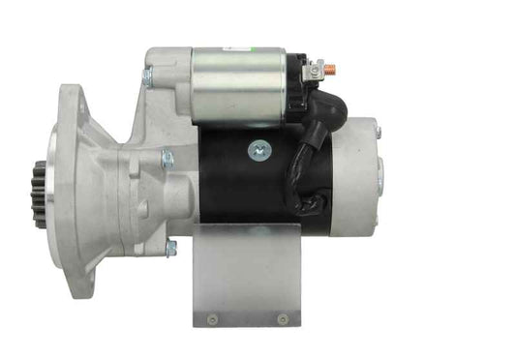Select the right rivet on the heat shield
point(282,317)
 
